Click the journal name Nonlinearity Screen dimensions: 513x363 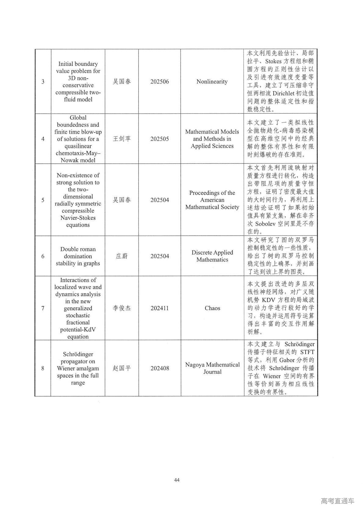click(212, 81)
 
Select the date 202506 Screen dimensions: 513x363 click(160, 81)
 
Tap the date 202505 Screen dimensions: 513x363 click(160, 139)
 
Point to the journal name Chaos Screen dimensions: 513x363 click(212, 308)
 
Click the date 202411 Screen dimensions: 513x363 click(160, 308)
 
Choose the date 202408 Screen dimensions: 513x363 click(160, 368)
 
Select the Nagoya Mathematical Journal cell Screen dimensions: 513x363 click(212, 368)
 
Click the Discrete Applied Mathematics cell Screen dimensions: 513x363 click(212, 256)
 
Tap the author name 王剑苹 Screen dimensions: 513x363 click(122, 139)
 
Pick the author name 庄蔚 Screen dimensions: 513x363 click(122, 256)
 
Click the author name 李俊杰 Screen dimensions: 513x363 click(122, 308)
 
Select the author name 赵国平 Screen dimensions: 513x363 click(122, 368)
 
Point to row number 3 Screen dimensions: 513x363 click(43, 81)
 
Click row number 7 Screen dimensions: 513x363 click(43, 308)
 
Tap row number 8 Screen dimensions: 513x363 click(43, 368)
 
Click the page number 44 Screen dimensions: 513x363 click(177, 480)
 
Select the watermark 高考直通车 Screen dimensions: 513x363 click(337, 501)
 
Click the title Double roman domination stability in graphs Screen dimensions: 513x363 click(78, 256)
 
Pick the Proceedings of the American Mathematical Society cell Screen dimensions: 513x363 click(212, 200)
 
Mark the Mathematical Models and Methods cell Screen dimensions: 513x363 click(212, 139)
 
